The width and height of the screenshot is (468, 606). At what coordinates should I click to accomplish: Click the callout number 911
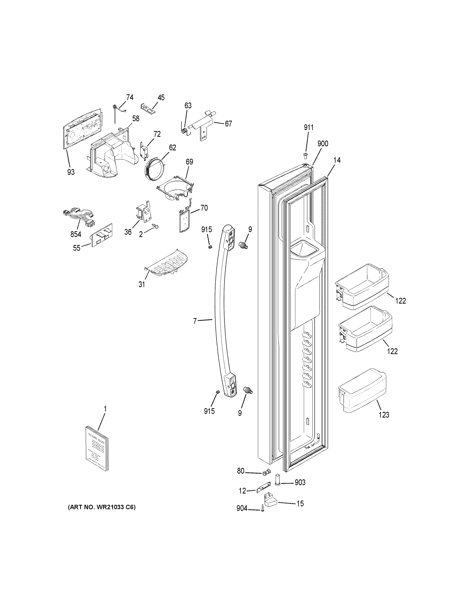coord(309,127)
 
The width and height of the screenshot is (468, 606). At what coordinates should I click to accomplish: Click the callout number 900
coord(323,143)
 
